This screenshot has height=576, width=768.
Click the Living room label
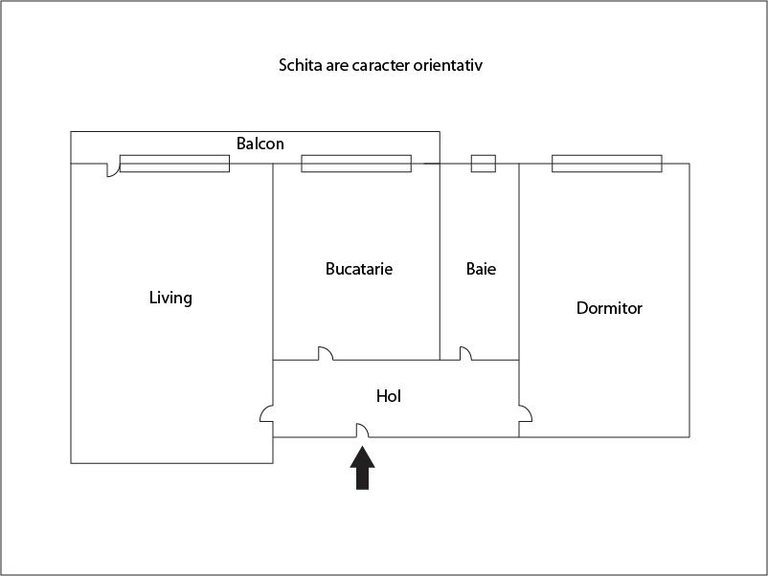(170, 298)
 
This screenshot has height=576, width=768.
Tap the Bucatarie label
(359, 269)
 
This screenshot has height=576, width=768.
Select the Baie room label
(481, 269)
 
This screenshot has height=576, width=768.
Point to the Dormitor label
(609, 308)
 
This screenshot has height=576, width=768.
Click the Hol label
(389, 396)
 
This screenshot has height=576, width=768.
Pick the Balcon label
(260, 144)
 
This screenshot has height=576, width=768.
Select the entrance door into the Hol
(362, 431)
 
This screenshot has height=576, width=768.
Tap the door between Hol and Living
(266, 414)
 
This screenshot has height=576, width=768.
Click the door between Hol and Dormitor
(526, 414)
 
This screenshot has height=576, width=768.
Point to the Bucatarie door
(326, 353)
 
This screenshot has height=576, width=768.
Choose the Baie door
(465, 353)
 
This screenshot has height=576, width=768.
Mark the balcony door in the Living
(113, 166)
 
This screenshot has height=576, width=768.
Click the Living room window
(175, 164)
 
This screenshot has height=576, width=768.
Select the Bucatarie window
(356, 164)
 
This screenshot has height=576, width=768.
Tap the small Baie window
(484, 164)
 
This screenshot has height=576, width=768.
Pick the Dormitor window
(607, 164)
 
